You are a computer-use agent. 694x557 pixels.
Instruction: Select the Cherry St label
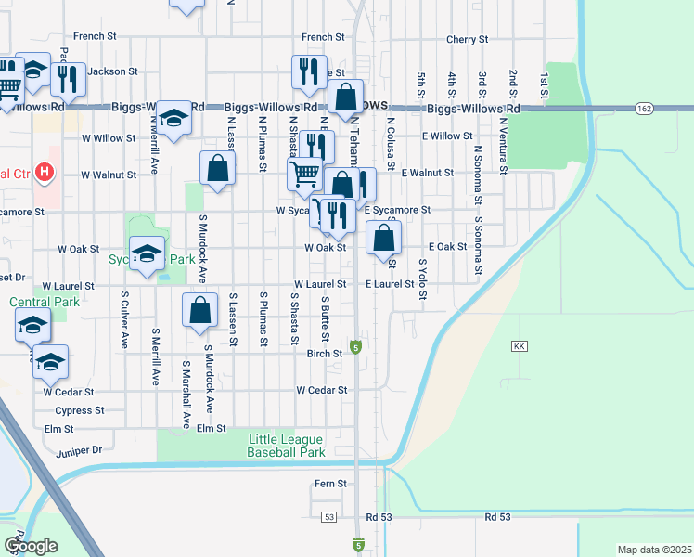point(467,39)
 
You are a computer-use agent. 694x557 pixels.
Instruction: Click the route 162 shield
point(644,109)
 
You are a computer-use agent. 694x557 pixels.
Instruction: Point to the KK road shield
point(519,345)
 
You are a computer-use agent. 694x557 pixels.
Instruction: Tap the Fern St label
point(330,484)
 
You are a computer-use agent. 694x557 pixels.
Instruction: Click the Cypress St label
point(80,410)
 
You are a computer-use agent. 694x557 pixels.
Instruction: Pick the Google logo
point(31,546)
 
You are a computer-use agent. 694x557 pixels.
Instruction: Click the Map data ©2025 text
point(654,550)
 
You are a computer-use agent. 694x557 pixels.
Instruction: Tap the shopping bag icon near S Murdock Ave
point(200,311)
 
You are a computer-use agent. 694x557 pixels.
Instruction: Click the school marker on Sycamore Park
point(147,254)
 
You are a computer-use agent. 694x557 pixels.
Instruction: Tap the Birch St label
point(325,353)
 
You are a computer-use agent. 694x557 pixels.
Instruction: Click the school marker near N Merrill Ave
point(173,118)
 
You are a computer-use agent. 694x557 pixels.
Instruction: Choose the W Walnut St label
point(109,174)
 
